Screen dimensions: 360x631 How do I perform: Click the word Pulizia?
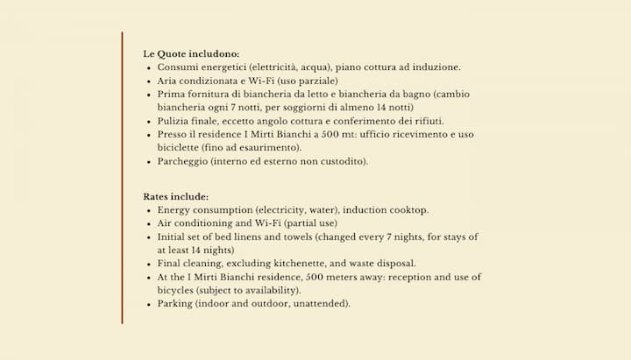coord(174,120)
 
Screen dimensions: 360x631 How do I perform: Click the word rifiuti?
coord(427,120)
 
